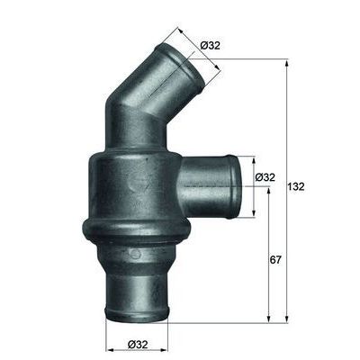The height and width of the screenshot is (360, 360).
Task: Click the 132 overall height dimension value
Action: tap(298, 187)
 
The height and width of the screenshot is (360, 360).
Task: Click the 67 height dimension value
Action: tap(276, 260)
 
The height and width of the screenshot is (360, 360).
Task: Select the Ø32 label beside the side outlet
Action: tap(265, 178)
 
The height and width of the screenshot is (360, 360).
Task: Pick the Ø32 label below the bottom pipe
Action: tap(138, 344)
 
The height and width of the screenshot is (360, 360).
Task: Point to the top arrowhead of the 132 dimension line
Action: tap(287, 62)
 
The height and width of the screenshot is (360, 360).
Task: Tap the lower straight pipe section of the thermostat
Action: tap(135, 279)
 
